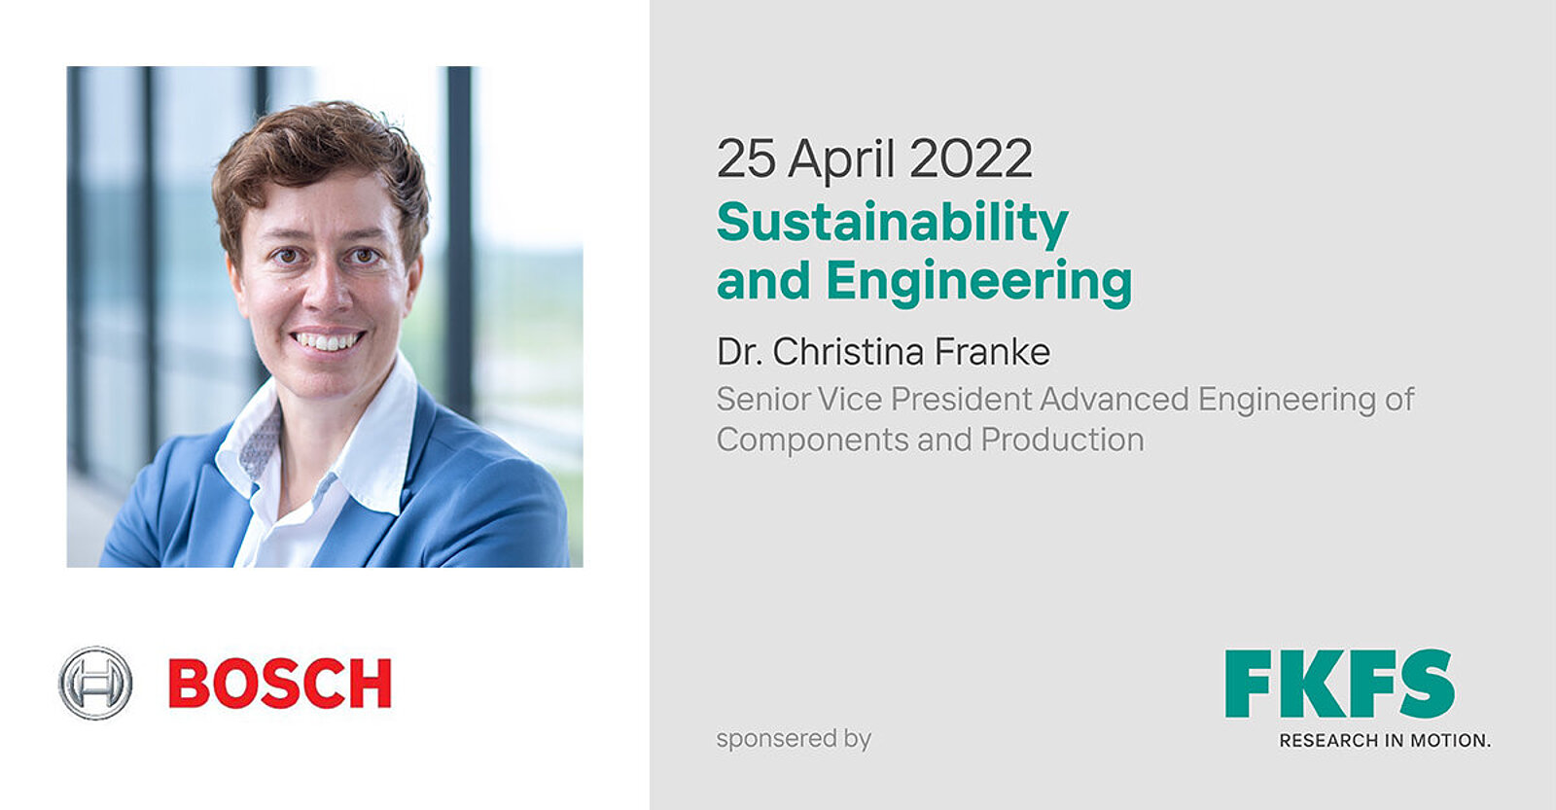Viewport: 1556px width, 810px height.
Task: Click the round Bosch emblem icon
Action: pos(95,683)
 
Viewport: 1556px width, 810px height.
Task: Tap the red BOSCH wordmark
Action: pos(280,684)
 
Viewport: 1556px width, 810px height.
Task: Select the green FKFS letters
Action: pos(1340,684)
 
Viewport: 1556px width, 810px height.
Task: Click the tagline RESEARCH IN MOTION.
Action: pos(1385,741)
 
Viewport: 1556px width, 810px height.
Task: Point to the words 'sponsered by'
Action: pos(794,738)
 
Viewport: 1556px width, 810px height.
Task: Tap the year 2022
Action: pos(971,158)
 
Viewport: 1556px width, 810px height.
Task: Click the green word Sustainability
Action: pos(893,224)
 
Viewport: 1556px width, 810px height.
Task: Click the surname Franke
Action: pos(992,351)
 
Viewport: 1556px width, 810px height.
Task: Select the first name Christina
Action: pos(848,351)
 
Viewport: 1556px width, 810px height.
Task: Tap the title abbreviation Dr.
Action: pos(740,351)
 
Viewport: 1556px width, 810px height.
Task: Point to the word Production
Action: pos(1062,440)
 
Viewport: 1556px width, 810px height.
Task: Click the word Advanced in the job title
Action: pos(1114,400)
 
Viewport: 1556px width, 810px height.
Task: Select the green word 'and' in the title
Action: pos(763,280)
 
